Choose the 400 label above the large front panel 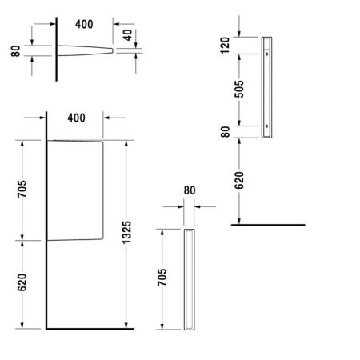76,118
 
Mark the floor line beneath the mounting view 268,226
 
